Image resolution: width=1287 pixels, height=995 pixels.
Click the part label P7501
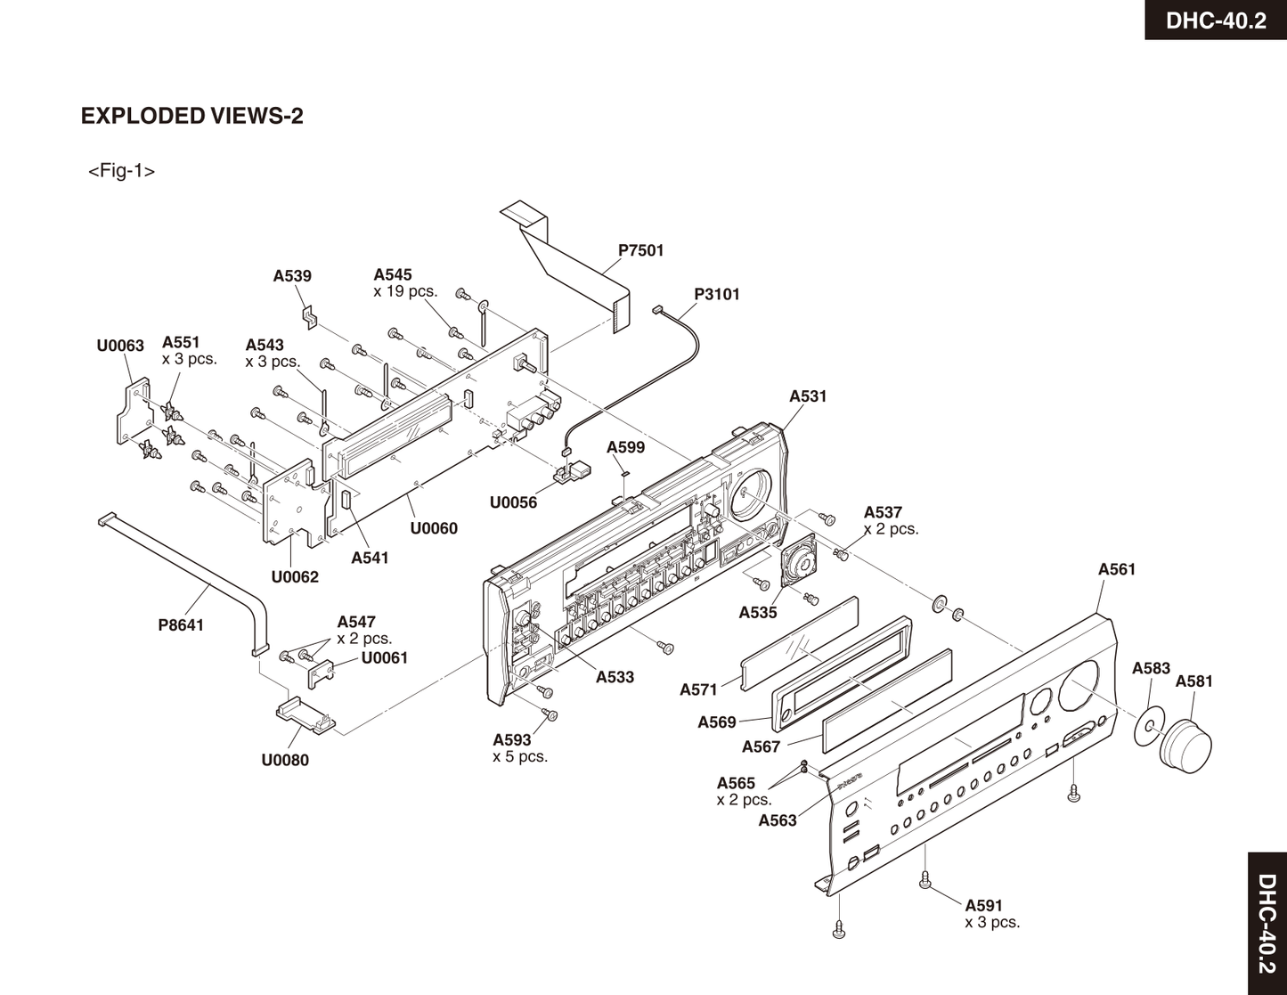(641, 250)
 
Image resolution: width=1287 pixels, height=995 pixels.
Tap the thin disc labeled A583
(1149, 726)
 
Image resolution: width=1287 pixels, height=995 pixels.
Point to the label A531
(808, 396)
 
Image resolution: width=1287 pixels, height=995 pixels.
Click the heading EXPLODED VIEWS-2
(191, 116)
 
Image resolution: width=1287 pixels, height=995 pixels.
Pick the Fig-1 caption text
(121, 171)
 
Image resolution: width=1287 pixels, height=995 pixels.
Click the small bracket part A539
(310, 317)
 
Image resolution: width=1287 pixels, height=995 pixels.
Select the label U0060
(434, 528)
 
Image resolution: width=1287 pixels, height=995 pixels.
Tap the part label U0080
(285, 760)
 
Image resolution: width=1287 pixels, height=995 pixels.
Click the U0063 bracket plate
(132, 412)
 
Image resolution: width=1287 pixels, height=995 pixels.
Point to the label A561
(1117, 569)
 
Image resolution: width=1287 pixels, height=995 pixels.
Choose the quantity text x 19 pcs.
(405, 291)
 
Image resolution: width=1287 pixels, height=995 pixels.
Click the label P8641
(181, 625)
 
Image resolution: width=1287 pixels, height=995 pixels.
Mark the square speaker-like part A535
(799, 559)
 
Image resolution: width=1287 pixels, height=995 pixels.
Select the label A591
(984, 906)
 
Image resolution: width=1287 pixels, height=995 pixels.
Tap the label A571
(698, 689)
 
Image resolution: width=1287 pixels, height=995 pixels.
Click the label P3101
(717, 294)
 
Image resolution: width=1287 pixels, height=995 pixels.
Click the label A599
(625, 447)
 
